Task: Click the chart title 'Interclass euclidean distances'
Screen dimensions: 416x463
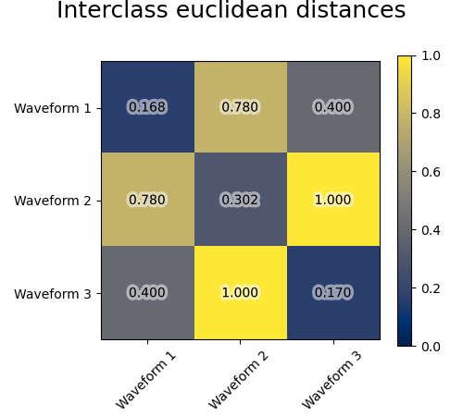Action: point(231,11)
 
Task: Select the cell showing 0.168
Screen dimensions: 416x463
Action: point(147,107)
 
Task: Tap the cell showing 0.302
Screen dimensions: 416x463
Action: point(240,200)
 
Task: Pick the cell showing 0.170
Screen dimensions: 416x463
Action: point(332,292)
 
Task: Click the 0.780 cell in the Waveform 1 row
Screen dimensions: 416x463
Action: point(240,107)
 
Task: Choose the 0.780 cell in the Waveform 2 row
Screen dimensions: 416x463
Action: point(147,200)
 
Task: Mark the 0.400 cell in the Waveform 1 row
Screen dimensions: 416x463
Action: point(332,107)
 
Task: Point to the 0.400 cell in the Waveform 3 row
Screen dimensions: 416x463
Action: point(147,292)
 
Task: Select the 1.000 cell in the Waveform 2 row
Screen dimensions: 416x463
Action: point(332,200)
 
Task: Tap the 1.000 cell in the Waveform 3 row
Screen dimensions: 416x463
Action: point(240,292)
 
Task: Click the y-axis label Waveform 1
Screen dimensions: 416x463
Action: point(52,108)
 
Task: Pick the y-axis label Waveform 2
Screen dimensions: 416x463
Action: point(52,201)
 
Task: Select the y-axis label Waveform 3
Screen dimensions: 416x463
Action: point(52,293)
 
